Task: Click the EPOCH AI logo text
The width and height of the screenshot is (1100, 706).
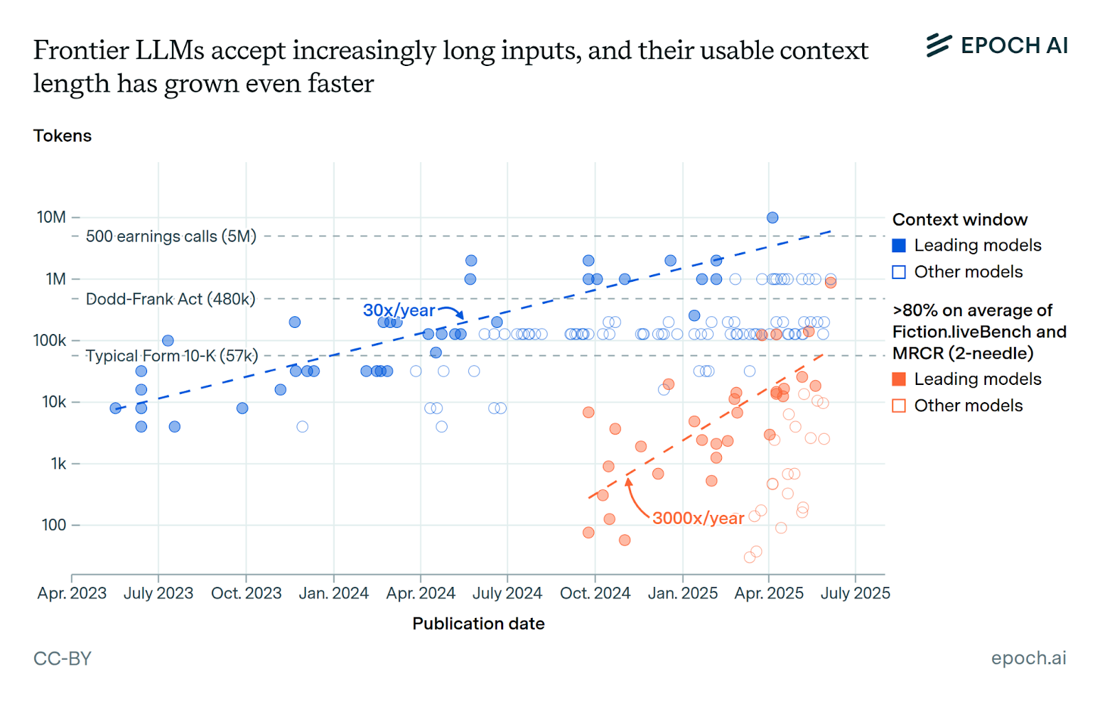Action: (1013, 45)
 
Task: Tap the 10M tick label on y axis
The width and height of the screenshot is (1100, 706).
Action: (52, 217)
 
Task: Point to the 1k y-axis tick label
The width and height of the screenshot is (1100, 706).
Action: (58, 464)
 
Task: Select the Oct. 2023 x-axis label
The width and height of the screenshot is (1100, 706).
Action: (246, 593)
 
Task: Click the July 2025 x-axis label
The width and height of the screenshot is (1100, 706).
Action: (855, 593)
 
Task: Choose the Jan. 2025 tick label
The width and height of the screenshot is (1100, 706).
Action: (683, 593)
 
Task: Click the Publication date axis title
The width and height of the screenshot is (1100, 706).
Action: (478, 624)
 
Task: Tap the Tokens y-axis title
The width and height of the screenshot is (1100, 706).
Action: (63, 135)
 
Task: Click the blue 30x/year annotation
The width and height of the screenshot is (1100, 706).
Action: (399, 310)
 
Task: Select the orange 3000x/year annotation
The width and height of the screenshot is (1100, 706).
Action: (698, 518)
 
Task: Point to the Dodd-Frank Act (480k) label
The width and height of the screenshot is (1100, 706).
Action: (170, 299)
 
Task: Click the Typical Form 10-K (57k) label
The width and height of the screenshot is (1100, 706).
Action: (172, 356)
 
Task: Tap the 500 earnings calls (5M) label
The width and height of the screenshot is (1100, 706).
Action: (171, 236)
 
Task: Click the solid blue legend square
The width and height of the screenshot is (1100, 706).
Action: (899, 245)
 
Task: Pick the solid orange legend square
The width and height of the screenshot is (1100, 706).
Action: (899, 379)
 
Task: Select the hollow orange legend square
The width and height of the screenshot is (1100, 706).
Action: (899, 406)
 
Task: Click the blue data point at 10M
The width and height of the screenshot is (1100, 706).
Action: (772, 217)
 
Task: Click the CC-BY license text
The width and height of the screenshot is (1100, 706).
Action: (63, 659)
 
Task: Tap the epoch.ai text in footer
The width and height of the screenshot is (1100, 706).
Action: (1028, 658)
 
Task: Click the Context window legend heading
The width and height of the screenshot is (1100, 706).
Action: (960, 219)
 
